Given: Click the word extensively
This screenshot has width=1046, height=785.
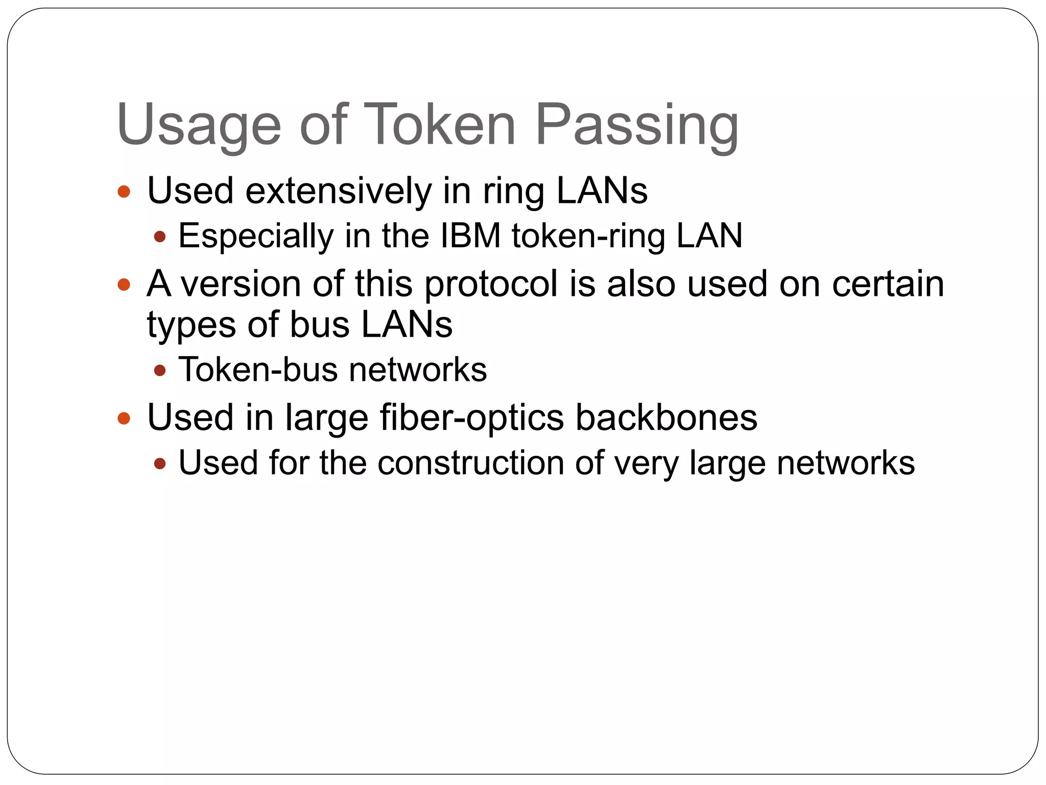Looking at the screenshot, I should point(339,191).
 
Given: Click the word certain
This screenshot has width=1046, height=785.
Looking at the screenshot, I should point(888,283).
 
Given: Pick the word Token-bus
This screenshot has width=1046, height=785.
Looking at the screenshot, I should point(257,369).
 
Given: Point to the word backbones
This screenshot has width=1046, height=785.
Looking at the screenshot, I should point(666,417).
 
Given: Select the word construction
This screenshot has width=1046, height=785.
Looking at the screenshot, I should point(470,463).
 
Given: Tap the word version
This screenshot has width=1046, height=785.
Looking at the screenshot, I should point(242,284).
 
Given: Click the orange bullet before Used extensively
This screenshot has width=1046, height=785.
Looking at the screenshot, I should point(124,192).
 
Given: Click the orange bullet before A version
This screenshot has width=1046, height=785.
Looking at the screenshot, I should point(124,285).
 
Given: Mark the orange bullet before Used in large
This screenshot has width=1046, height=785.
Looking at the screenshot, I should point(124,419).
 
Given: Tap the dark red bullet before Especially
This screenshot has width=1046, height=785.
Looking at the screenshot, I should point(160,237).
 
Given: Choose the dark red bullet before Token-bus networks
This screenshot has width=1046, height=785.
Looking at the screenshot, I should point(160,370).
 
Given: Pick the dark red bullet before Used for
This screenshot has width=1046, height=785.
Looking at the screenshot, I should point(160,464).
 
